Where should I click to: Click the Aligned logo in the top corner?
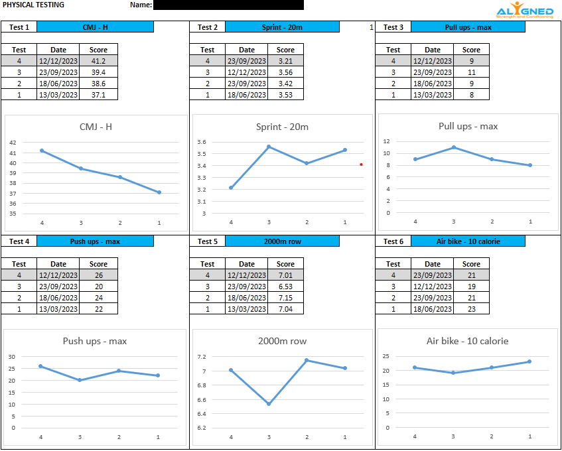(x=524, y=11)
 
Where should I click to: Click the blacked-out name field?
(x=228, y=5)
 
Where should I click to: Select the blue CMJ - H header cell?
(x=95, y=27)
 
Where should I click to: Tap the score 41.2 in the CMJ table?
(x=98, y=61)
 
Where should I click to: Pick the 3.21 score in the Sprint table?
(x=285, y=61)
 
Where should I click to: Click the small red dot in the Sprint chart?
(x=361, y=164)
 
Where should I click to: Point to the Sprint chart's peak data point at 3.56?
(x=269, y=147)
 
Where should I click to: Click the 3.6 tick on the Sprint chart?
(x=202, y=142)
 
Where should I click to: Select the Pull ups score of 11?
(x=471, y=72)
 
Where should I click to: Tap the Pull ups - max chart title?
(x=468, y=126)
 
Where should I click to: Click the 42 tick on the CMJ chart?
(x=13, y=143)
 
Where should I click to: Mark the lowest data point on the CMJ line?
(x=159, y=192)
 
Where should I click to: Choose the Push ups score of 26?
(x=98, y=275)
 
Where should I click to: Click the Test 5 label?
(x=208, y=241)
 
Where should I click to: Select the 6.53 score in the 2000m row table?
(x=285, y=287)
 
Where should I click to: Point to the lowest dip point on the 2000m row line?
(x=269, y=403)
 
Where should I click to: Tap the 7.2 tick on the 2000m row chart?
(x=202, y=357)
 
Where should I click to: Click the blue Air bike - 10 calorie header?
(x=468, y=241)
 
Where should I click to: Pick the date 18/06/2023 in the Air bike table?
(x=433, y=309)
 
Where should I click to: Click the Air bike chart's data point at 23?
(x=529, y=361)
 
